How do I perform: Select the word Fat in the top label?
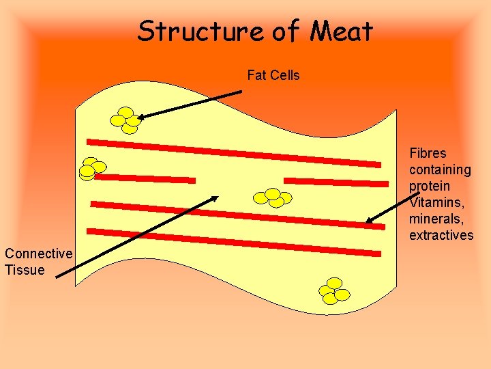(x=256, y=75)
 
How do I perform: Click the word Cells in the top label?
(x=284, y=75)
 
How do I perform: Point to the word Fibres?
(x=428, y=153)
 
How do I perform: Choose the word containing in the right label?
(x=440, y=169)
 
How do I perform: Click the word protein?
(x=430, y=186)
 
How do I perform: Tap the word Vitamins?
(x=436, y=202)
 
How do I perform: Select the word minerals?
(x=437, y=219)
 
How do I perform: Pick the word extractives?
(x=441, y=235)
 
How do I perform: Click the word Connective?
(x=38, y=254)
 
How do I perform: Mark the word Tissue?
(x=25, y=270)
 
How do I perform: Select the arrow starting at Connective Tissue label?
(x=136, y=236)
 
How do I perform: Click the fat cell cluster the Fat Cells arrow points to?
(x=125, y=120)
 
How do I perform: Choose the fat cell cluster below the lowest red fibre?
(x=334, y=290)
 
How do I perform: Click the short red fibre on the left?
(x=145, y=178)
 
